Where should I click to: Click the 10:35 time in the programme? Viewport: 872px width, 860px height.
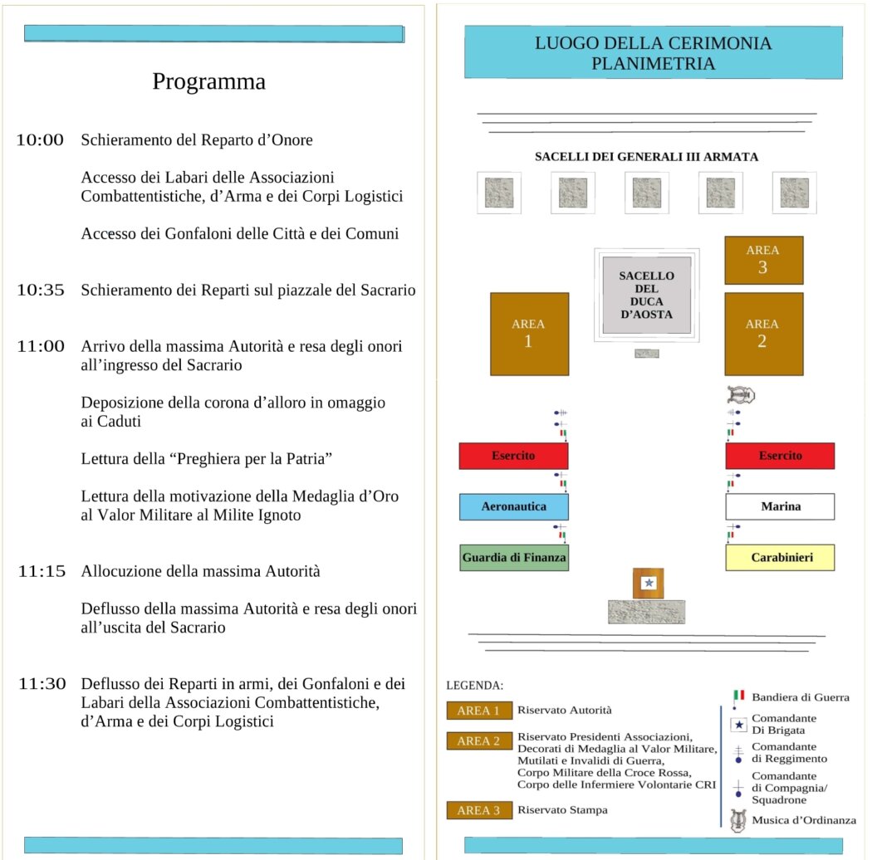click(x=40, y=290)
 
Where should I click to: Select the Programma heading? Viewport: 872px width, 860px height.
click(x=209, y=82)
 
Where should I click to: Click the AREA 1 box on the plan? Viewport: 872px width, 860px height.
click(x=529, y=333)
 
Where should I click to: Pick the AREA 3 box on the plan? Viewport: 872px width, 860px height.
click(x=763, y=260)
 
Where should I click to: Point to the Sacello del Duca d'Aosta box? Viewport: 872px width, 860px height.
click(x=647, y=296)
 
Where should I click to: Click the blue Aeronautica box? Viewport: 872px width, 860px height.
click(x=513, y=506)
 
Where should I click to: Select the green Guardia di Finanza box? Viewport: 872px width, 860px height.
click(x=513, y=558)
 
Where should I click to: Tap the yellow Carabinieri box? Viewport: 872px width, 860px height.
click(x=780, y=558)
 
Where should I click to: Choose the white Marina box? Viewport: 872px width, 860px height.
click(x=780, y=506)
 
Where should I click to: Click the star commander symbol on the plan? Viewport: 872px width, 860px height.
click(x=649, y=584)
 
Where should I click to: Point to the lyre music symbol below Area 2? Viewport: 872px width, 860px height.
click(x=738, y=395)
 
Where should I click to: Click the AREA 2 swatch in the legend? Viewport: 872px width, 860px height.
click(x=478, y=741)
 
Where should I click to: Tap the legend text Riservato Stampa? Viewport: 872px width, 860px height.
click(x=561, y=809)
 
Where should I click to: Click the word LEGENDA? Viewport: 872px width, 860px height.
click(x=475, y=686)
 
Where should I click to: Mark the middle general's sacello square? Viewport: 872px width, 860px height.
click(x=647, y=193)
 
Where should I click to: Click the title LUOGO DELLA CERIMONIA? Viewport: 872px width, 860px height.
click(x=653, y=43)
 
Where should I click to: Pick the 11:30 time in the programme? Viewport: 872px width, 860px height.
click(x=42, y=684)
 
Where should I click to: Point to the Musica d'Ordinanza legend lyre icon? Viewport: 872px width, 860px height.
click(x=737, y=820)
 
